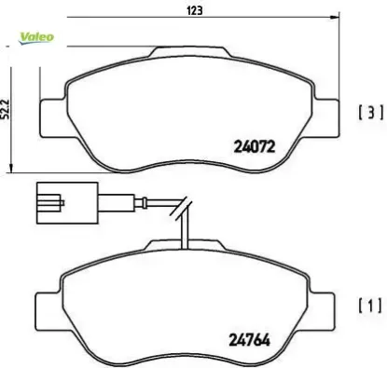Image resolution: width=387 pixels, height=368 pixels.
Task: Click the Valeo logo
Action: pyautogui.click(x=36, y=36)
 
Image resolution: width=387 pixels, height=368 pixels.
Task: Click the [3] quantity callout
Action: pyautogui.click(x=370, y=114)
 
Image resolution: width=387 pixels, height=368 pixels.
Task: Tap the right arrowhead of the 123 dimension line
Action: pyautogui.click(x=334, y=19)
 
